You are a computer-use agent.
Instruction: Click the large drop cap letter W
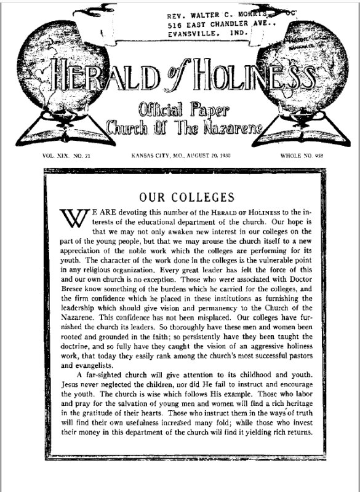click(71, 217)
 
